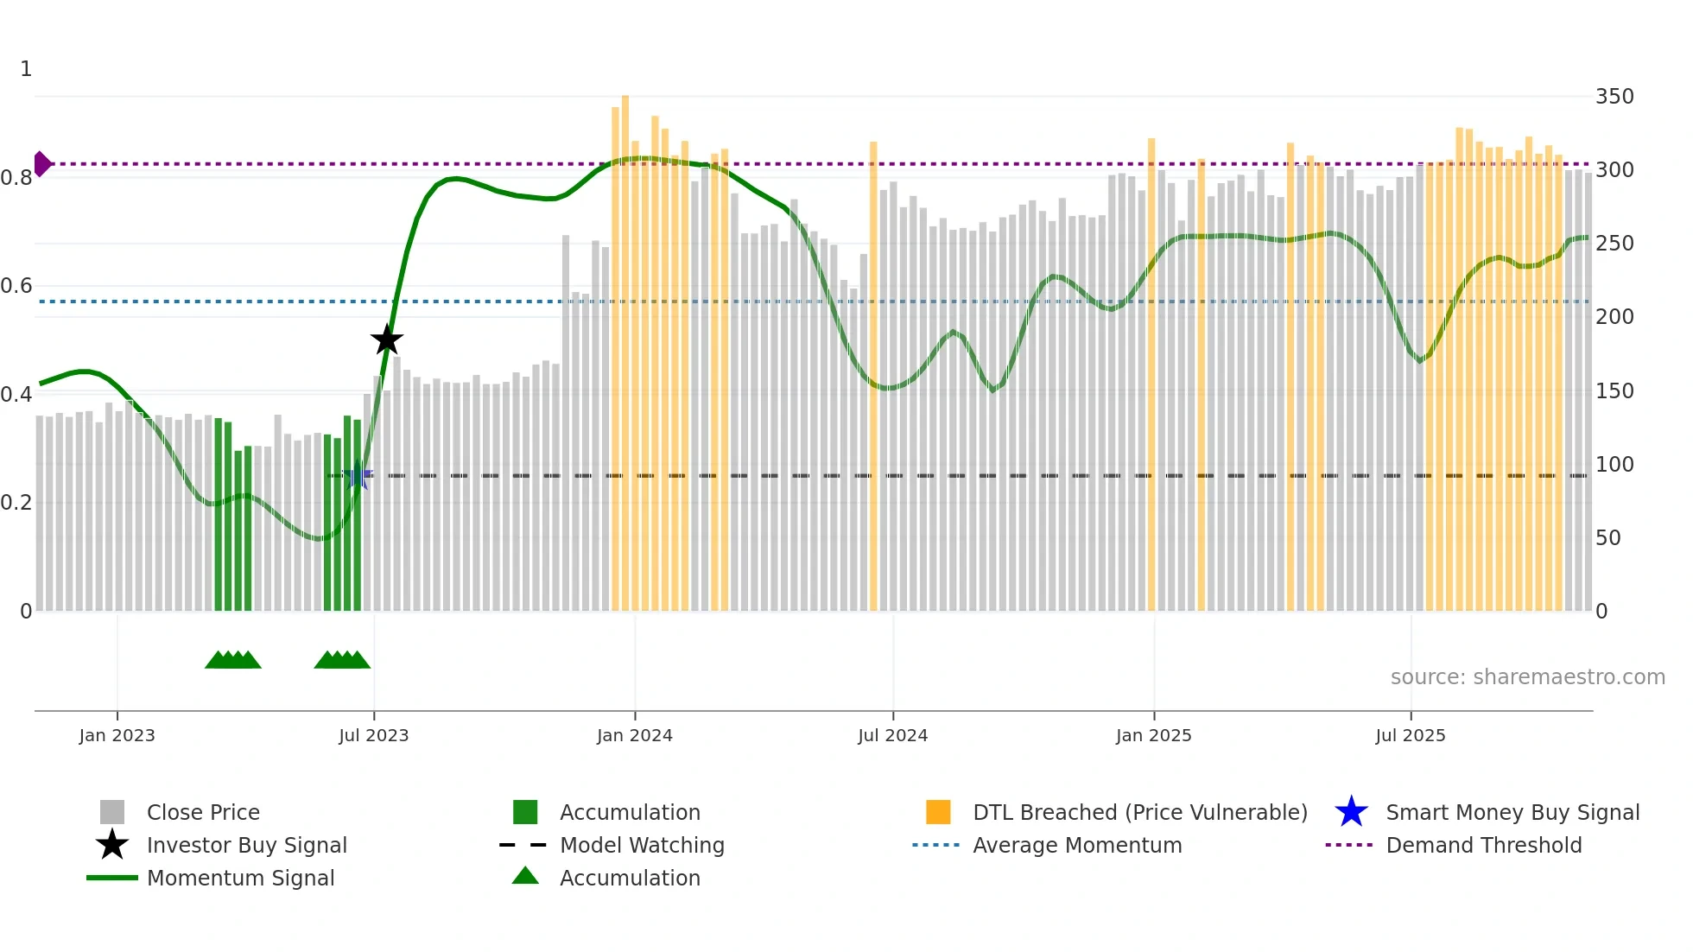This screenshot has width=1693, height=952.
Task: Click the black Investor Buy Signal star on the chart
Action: click(387, 340)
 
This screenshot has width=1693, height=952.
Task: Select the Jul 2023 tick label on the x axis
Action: click(373, 735)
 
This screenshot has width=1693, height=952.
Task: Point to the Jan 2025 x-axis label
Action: click(1153, 735)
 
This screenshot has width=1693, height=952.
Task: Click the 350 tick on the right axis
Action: click(1614, 97)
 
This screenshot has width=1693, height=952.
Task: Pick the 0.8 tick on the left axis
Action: click(16, 178)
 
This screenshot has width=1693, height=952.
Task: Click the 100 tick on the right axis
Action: click(1614, 465)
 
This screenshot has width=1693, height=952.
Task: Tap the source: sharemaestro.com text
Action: click(1527, 677)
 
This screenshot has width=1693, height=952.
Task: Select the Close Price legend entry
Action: click(203, 812)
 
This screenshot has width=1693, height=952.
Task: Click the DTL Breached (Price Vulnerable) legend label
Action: click(1139, 812)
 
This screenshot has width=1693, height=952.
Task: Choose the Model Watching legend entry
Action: click(642, 845)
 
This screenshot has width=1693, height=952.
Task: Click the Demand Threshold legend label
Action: click(1483, 845)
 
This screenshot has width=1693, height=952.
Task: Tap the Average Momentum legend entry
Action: click(1076, 845)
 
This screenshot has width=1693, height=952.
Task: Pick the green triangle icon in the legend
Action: click(525, 876)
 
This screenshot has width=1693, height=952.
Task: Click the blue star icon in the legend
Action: click(1351, 812)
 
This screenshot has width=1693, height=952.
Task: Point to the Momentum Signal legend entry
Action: click(240, 878)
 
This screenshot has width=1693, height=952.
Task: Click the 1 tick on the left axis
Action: click(26, 69)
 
